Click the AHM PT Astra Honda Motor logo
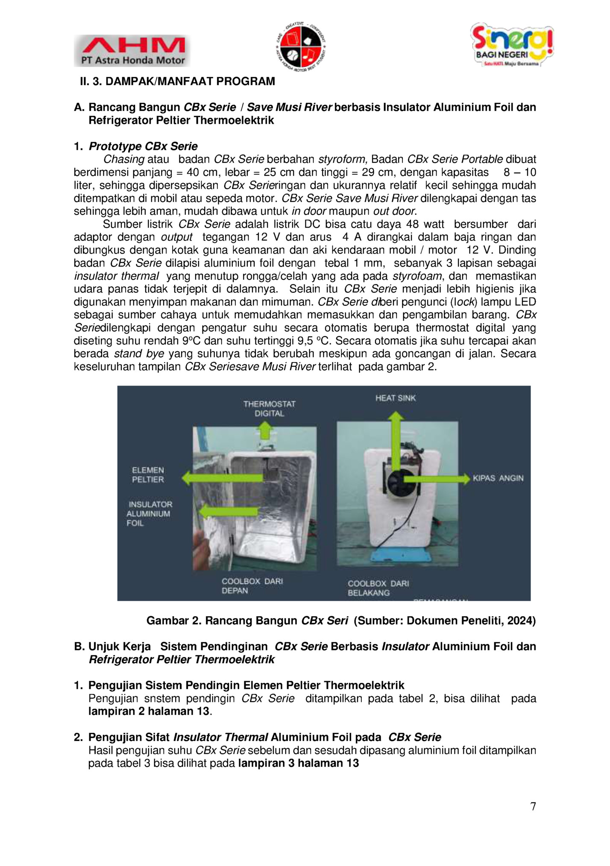pyautogui.click(x=132, y=51)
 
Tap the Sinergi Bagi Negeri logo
pyautogui.click(x=511, y=45)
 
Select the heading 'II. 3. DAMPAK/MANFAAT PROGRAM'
pyautogui.click(x=177, y=82)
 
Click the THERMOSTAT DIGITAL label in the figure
pyautogui.click(x=269, y=409)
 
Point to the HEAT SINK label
pyautogui.click(x=395, y=398)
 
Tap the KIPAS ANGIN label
pyautogui.click(x=498, y=478)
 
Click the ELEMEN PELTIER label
pyautogui.click(x=148, y=475)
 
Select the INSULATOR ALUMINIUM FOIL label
pyautogui.click(x=149, y=514)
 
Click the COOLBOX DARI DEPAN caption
pyautogui.click(x=252, y=586)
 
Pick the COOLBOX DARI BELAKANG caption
pyautogui.click(x=378, y=588)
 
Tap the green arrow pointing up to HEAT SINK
pyautogui.click(x=396, y=440)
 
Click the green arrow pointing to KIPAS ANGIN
pyautogui.click(x=440, y=479)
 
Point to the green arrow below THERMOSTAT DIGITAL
pyautogui.click(x=266, y=430)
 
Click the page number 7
pyautogui.click(x=533, y=807)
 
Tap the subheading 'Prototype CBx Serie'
pyautogui.click(x=143, y=146)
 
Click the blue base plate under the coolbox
pyautogui.click(x=397, y=556)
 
